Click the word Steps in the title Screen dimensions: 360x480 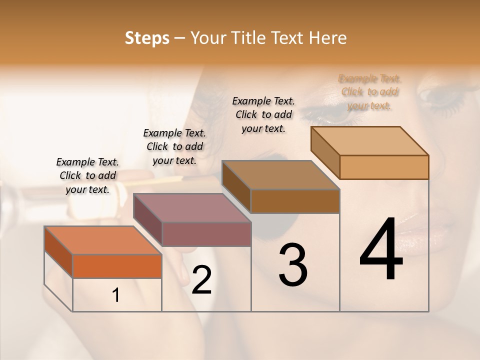pos(147,38)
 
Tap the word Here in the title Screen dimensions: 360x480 pos(327,38)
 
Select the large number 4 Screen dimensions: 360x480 pos(381,250)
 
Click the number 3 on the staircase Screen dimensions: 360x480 pos(293,265)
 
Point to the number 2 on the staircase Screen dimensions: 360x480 pos(201,280)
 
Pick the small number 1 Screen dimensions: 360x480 pos(116,295)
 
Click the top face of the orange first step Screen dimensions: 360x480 pos(103,240)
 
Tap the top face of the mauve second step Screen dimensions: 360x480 pos(192,207)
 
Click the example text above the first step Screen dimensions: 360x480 pos(88,175)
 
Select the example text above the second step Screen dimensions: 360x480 pos(174,146)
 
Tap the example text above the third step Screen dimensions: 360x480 pos(263,114)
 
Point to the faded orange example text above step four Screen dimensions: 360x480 pos(370,92)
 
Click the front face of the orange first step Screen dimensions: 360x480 pos(117,266)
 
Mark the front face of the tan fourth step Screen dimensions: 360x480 pos(384,167)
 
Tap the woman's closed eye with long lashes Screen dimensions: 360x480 pos(440,97)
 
